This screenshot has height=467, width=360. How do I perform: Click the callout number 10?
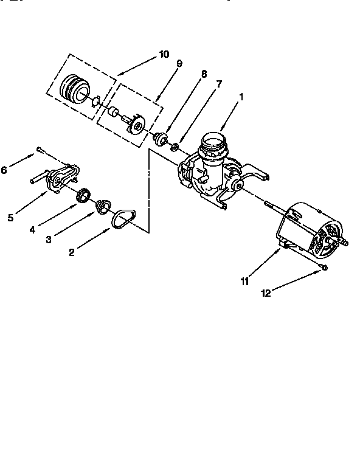164,54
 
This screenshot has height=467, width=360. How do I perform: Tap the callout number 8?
204,74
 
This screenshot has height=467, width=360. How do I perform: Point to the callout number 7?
219,83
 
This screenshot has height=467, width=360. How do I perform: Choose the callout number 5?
10,217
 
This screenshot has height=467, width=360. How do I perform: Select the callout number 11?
244,281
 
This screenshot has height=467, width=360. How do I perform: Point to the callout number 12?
265,293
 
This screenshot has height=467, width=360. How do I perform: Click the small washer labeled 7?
175,147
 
